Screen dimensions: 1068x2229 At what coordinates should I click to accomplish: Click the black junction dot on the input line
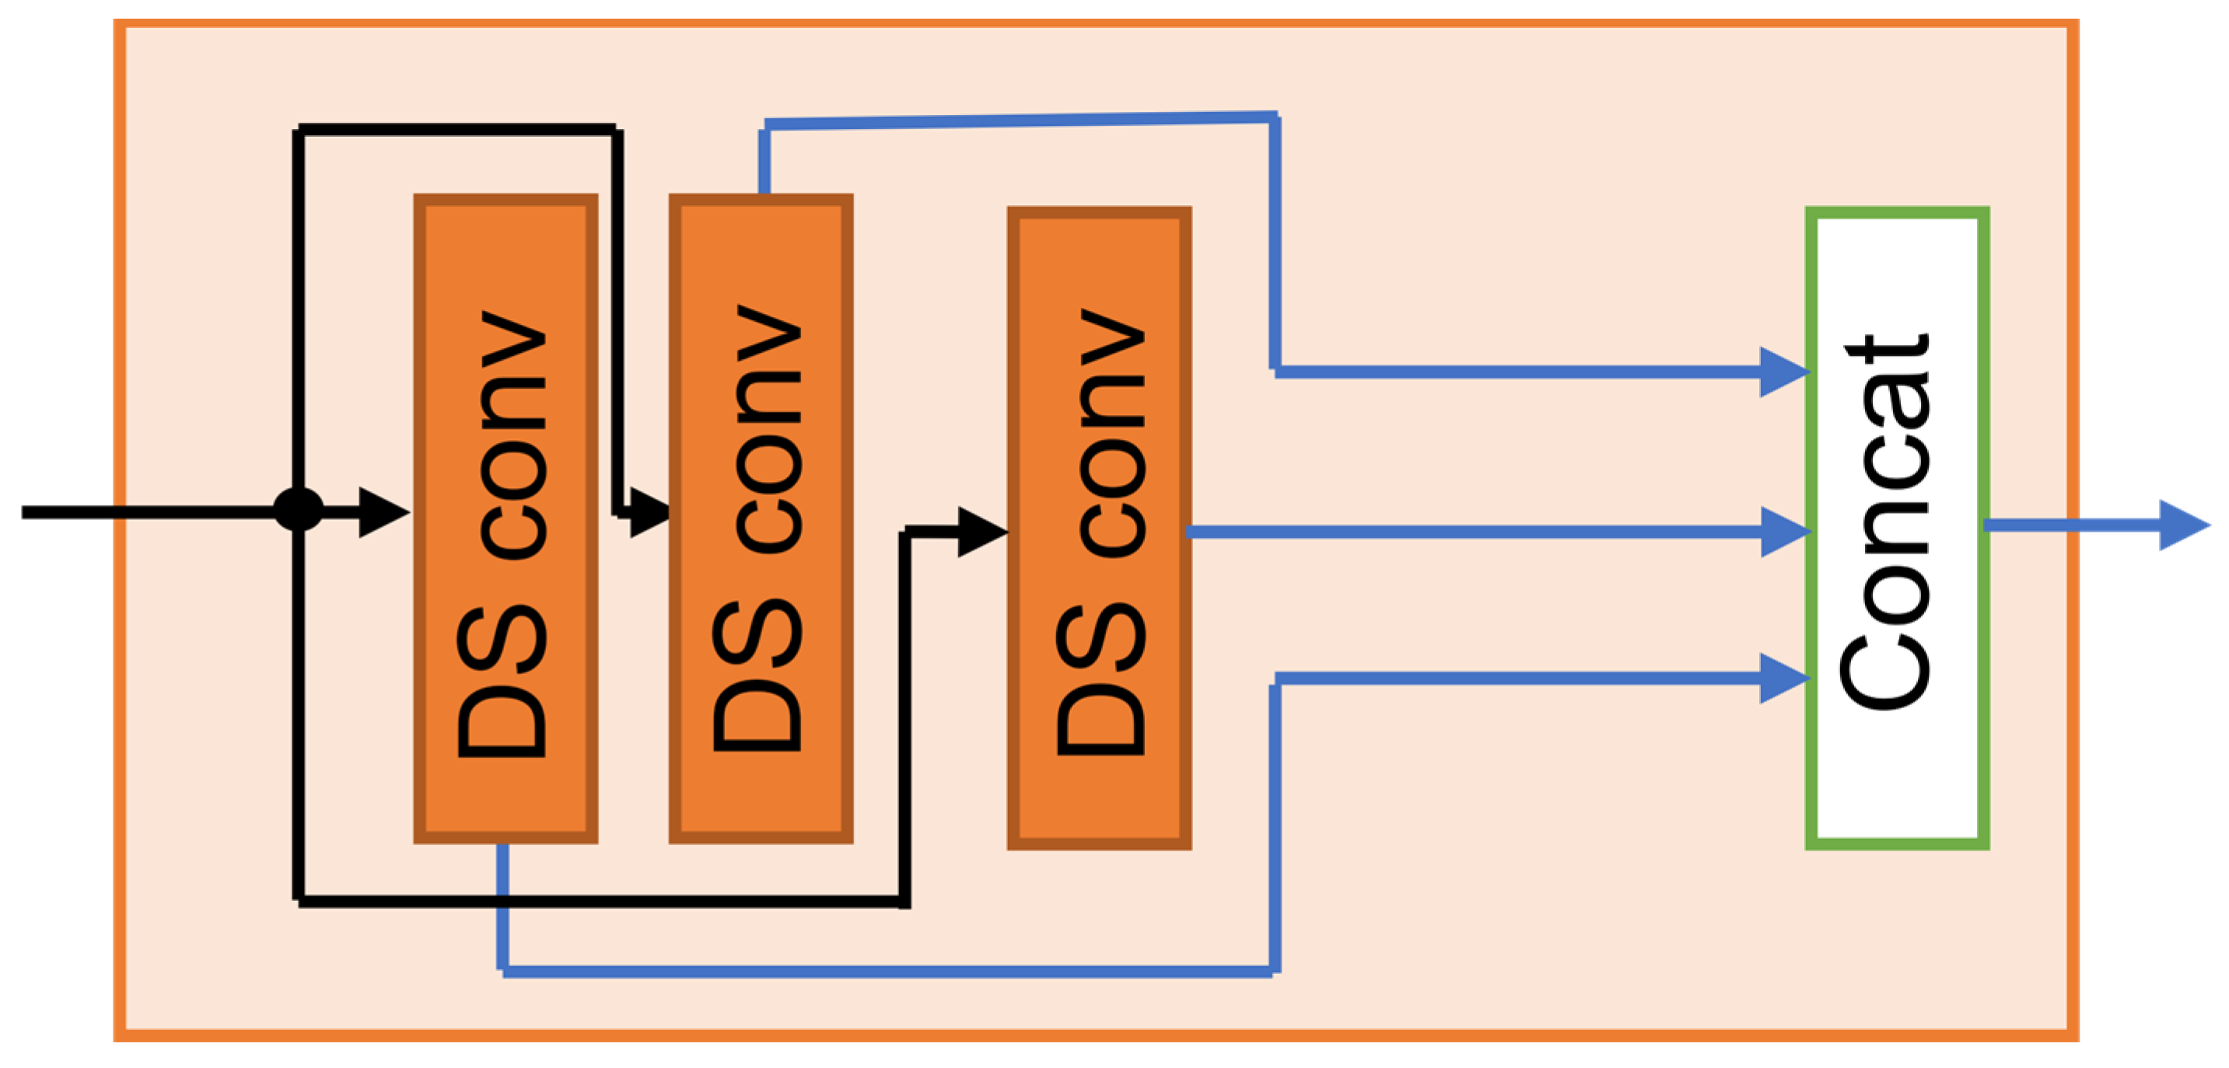(x=299, y=509)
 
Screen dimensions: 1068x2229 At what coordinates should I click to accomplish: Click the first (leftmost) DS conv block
(x=506, y=519)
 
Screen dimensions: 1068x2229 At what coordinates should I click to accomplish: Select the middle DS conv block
(x=761, y=519)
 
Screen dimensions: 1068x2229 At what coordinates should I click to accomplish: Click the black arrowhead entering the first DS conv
(x=382, y=513)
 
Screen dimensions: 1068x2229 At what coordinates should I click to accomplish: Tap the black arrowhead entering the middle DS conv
(x=648, y=513)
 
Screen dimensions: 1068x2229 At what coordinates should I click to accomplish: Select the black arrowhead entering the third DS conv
(x=981, y=532)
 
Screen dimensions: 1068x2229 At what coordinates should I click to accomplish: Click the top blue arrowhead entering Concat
(x=1782, y=372)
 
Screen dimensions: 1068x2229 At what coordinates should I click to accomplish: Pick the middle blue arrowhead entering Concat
(x=1783, y=532)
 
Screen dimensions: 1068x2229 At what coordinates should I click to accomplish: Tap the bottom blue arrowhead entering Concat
(x=1782, y=679)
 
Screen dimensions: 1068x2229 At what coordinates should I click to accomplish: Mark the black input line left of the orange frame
(x=69, y=513)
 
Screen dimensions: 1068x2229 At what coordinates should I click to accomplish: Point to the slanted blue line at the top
(x=1021, y=121)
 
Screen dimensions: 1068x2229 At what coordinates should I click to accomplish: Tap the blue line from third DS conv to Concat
(x=1471, y=532)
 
